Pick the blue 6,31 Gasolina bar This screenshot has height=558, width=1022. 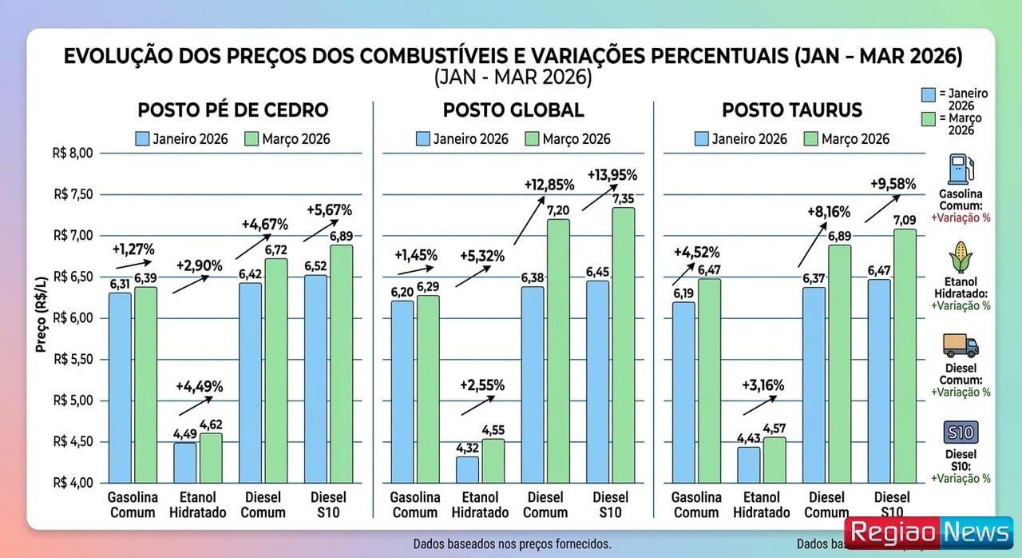coord(120,387)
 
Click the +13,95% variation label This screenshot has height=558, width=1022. coord(612,174)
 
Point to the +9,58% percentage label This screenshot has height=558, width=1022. coord(892,185)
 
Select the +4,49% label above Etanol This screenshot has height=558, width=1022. coord(199,386)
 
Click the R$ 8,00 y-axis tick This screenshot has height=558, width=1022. coord(74,153)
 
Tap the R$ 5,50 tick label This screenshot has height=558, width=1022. coord(74,360)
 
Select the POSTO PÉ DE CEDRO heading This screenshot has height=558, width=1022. coord(233,110)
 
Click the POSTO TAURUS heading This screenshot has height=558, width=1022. coord(792,110)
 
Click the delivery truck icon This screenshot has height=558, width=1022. coord(961,345)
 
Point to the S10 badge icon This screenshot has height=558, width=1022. coord(961,432)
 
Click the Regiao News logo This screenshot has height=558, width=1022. coord(929,533)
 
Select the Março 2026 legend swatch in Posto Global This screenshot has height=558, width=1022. coord(533,139)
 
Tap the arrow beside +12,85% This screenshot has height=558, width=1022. coord(527,221)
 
